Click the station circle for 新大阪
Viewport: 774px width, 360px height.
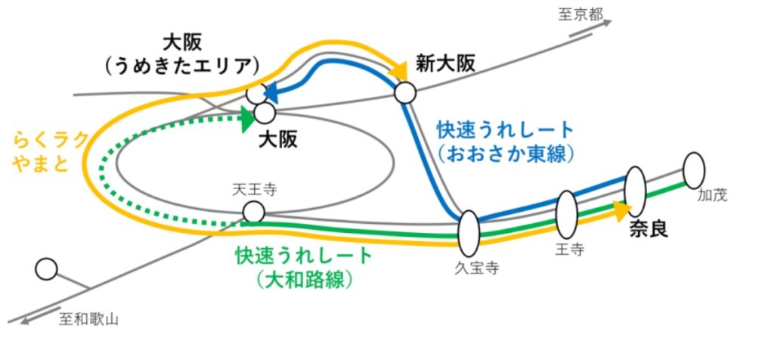[x=406, y=92]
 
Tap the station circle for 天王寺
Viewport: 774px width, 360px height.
[x=254, y=213]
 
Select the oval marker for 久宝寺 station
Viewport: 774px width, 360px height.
[x=469, y=233]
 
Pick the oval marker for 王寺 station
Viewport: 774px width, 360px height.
[x=566, y=214]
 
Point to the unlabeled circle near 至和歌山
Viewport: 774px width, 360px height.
[x=47, y=268]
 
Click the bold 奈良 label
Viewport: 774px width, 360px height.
[x=649, y=228]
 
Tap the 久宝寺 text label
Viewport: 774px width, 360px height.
[x=474, y=266]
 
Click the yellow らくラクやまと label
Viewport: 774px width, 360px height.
[x=50, y=151]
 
